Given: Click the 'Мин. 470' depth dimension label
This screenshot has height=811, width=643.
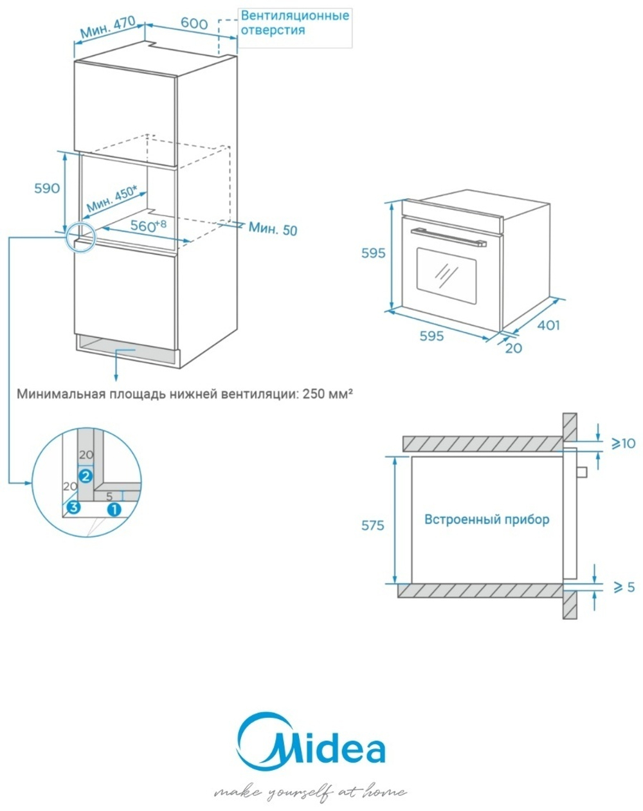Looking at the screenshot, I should pyautogui.click(x=107, y=27).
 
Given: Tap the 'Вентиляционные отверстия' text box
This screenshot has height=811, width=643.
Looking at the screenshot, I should pyautogui.click(x=295, y=23).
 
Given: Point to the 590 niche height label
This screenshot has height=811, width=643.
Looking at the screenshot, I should pyautogui.click(x=47, y=188).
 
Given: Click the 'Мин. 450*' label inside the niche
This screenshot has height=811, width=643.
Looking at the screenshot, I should pyautogui.click(x=111, y=200).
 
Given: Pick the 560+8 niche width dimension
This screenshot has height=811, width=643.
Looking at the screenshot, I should pyautogui.click(x=148, y=225).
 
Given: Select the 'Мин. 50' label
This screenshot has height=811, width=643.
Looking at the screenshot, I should pyautogui.click(x=273, y=228).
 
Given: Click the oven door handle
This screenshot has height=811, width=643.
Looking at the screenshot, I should pyautogui.click(x=450, y=236).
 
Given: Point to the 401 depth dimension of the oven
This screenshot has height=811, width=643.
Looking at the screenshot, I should pyautogui.click(x=548, y=325).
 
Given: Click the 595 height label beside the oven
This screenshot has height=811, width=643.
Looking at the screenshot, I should pyautogui.click(x=373, y=253).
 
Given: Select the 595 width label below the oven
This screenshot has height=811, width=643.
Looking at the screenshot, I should pyautogui.click(x=431, y=336).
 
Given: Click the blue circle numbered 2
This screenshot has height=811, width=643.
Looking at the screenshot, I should pyautogui.click(x=86, y=476).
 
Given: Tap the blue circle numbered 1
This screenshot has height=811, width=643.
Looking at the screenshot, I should pyautogui.click(x=114, y=509).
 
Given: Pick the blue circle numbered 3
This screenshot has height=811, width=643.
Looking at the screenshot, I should pyautogui.click(x=73, y=507).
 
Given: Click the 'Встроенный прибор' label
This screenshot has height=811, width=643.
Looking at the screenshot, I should pyautogui.click(x=487, y=519).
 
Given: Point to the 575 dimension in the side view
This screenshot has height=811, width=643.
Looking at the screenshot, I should pyautogui.click(x=372, y=525).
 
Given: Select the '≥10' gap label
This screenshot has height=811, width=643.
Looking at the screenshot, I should pyautogui.click(x=622, y=443).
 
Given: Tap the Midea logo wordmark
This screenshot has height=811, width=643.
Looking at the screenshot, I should pyautogui.click(x=313, y=746).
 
